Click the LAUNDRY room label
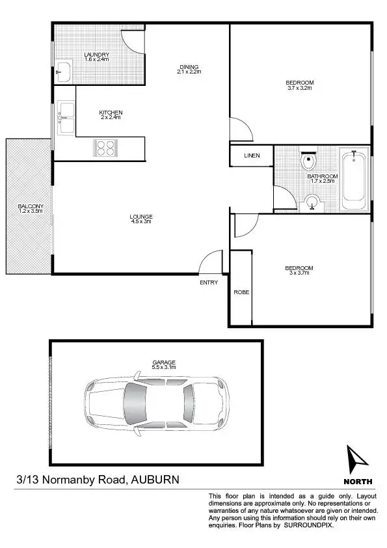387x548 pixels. (96, 55)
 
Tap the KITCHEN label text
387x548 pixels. (111, 113)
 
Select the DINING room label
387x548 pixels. (189, 66)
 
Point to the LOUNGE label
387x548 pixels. (140, 217)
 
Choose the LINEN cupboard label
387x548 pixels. (252, 156)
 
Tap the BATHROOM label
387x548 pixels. (323, 176)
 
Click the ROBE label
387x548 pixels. (241, 292)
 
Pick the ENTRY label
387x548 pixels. (209, 282)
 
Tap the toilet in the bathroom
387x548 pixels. (308, 160)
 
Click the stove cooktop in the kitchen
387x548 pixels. (105, 148)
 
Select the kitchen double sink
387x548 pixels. (66, 118)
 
